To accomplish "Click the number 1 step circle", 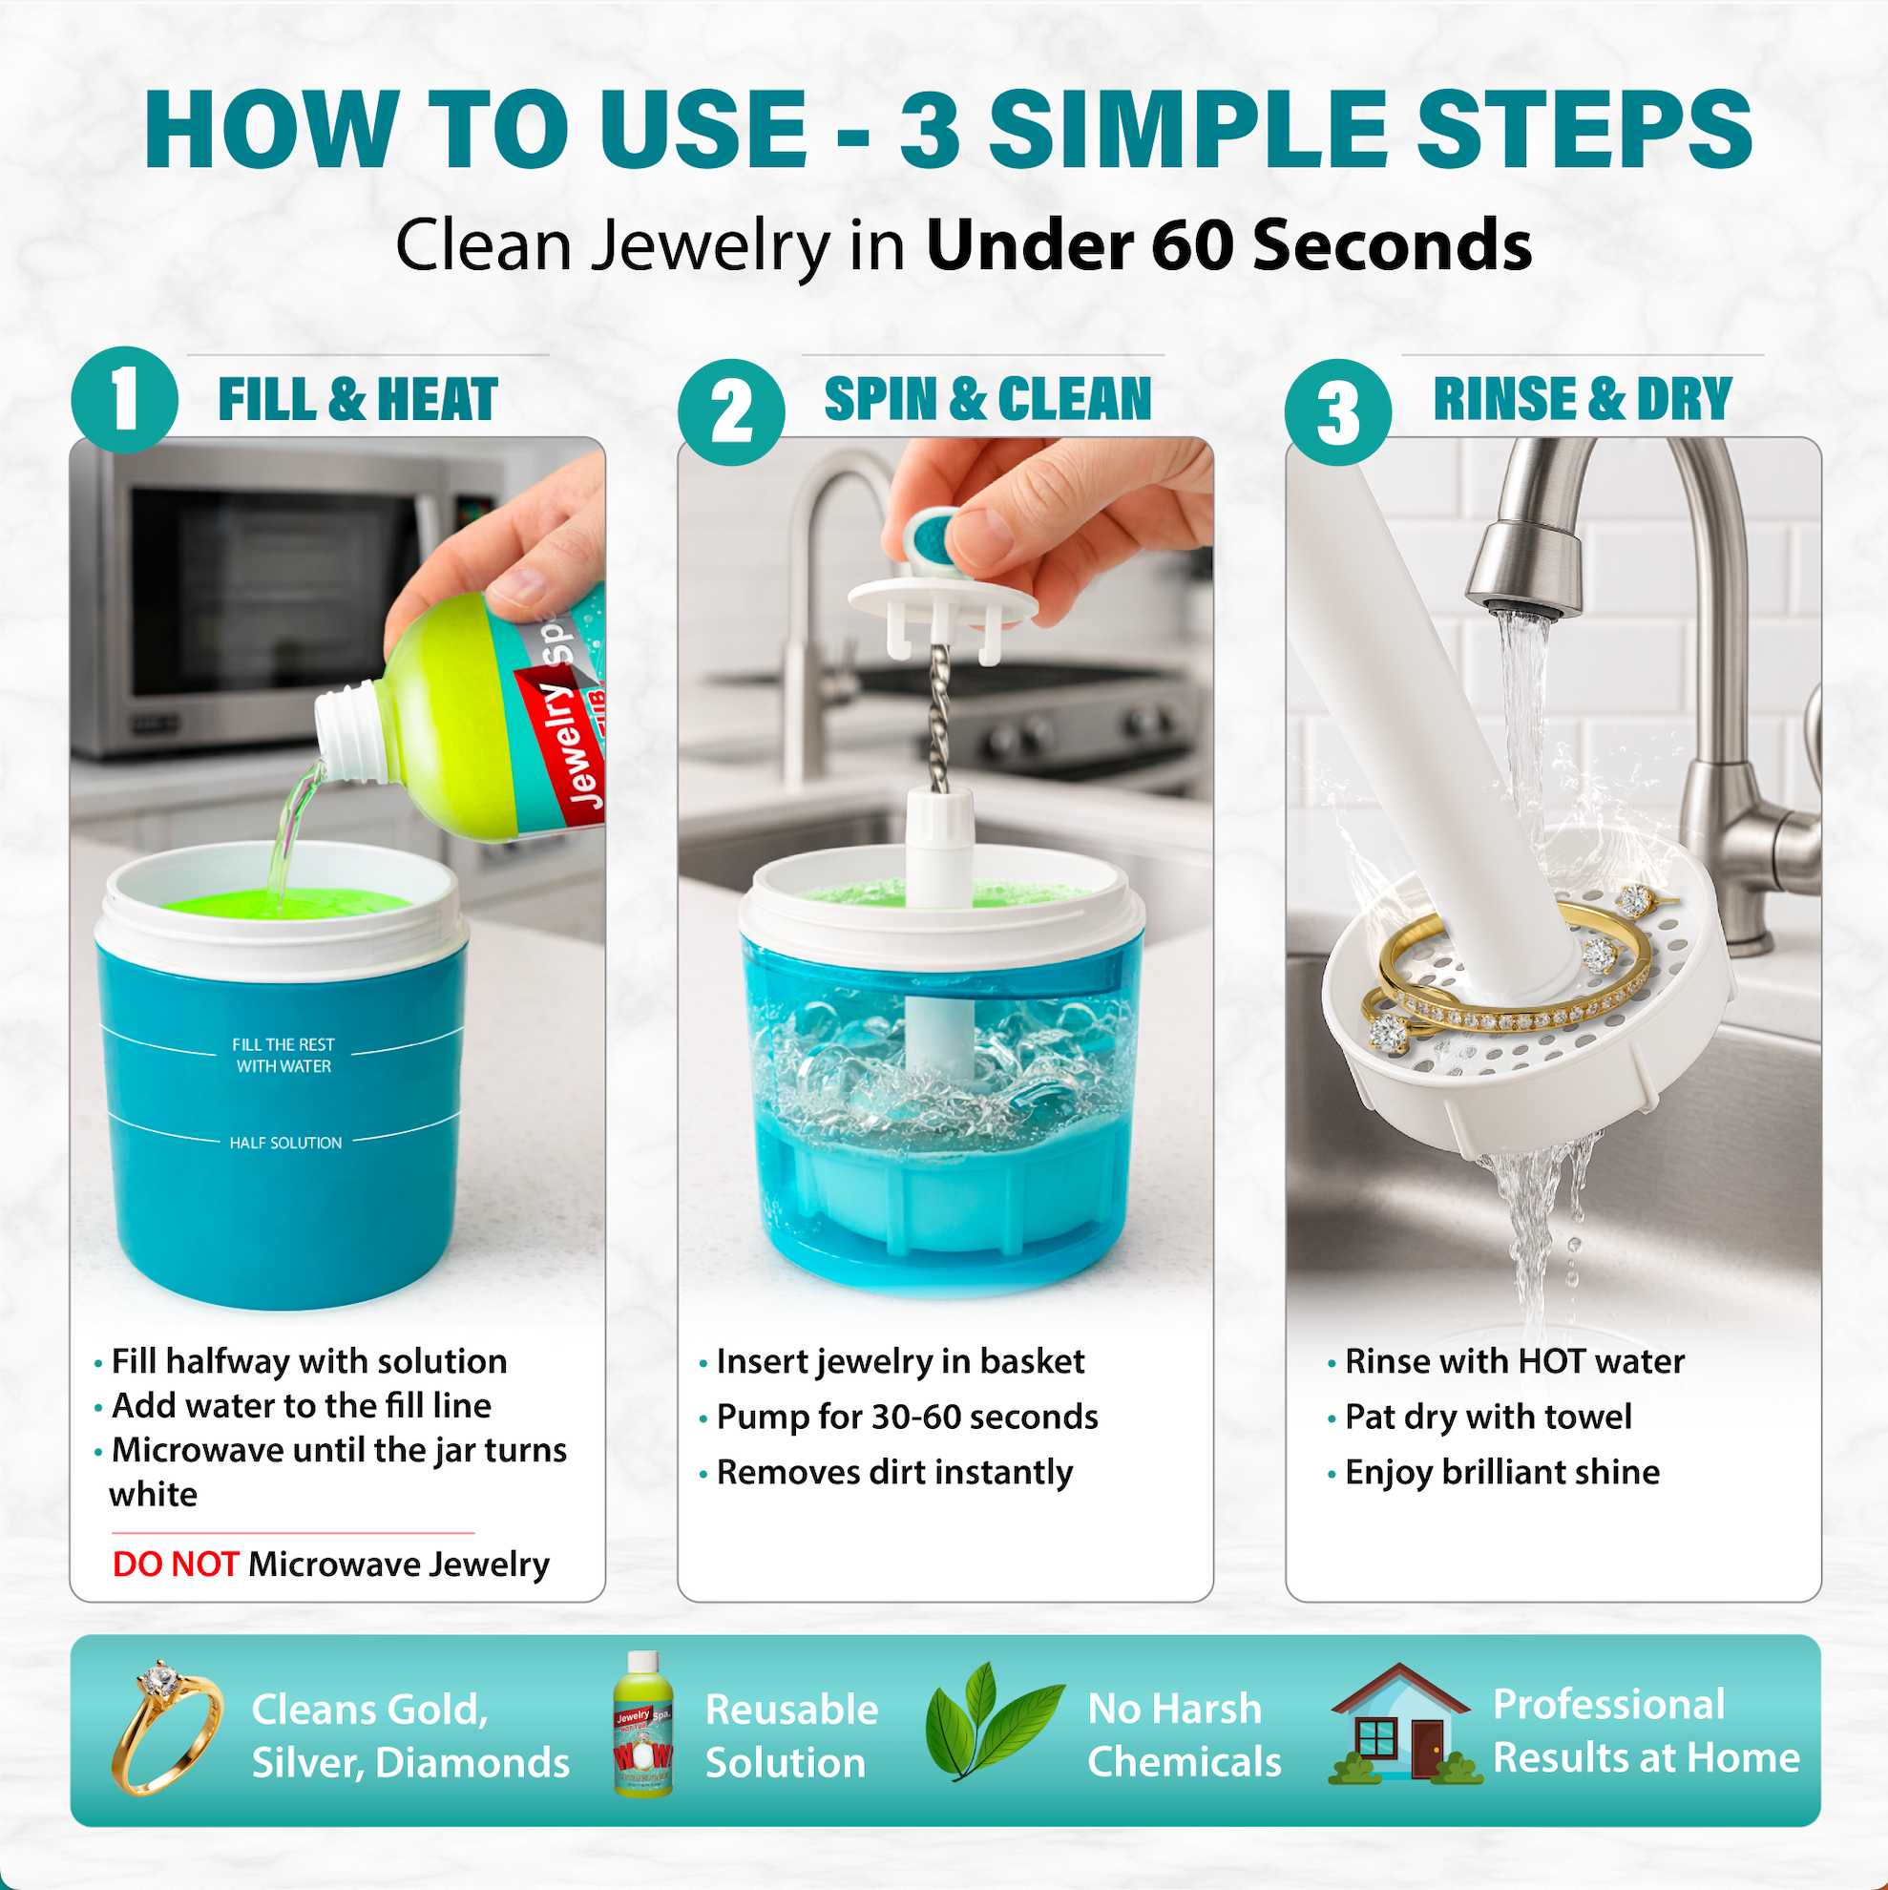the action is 124,399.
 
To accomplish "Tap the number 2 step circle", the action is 731,410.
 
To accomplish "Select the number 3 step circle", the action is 1337,410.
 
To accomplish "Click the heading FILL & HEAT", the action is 358,399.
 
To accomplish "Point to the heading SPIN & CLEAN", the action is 988,399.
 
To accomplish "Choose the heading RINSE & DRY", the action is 1583,399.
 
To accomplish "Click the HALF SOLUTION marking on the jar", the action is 285,1143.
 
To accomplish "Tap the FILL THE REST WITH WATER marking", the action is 283,1056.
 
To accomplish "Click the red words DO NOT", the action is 175,1564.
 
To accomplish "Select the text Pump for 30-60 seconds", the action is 907,1417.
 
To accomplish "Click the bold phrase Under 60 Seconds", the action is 1228,244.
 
